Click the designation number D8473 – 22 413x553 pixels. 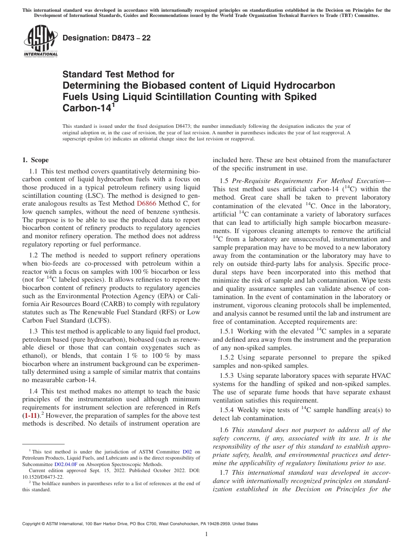(107, 38)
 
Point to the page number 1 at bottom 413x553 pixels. (206, 534)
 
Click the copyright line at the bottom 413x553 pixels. (140, 524)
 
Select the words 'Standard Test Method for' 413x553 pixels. (118, 74)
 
